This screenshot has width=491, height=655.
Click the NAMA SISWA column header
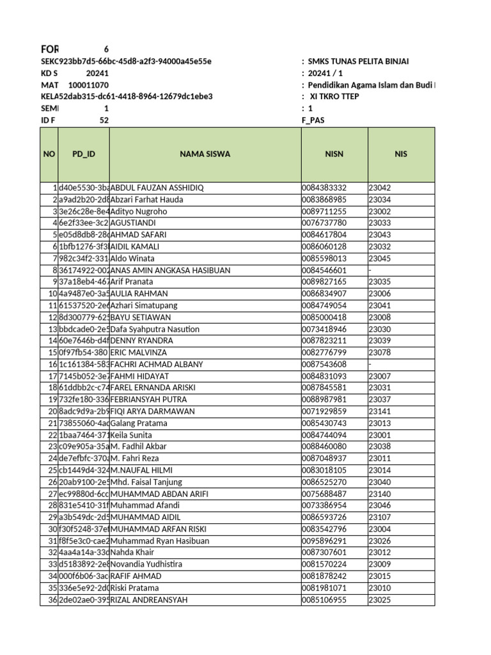pos(205,154)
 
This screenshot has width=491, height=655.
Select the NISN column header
pos(334,154)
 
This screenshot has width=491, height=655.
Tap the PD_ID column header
pos(83,154)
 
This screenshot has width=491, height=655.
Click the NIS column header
pos(401,154)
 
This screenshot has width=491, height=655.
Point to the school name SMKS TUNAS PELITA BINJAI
pos(358,61)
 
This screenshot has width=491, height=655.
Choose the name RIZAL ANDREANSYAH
pos(150,600)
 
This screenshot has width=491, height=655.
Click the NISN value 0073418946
pos(324,329)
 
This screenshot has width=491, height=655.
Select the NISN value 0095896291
pos(324,541)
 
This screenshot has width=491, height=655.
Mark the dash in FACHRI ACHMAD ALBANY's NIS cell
pos(370,365)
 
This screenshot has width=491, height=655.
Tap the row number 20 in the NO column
pos(52,411)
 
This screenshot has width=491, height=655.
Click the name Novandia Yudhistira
pos(146,564)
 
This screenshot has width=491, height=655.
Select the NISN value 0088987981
pos(324,400)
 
